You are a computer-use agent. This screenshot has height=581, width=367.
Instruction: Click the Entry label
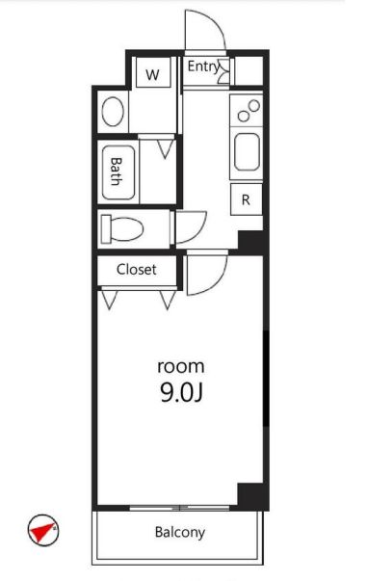pos(203,67)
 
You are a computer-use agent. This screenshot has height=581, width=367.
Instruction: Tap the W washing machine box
pos(153,72)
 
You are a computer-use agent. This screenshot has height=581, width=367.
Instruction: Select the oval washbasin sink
pos(113,112)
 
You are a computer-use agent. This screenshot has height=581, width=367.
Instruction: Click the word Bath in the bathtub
pos(117,172)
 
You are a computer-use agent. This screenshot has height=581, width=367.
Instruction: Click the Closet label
pos(136,270)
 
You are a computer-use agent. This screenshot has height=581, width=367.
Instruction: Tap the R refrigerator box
pos(246,199)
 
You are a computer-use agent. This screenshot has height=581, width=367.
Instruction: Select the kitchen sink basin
pos(247,151)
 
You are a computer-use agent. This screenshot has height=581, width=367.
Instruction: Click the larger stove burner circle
pos(254,106)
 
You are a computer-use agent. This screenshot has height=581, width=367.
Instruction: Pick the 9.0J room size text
pos(181,392)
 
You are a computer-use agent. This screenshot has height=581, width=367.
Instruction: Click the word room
pos(181,367)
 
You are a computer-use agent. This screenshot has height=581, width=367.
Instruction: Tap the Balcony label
pos(180,532)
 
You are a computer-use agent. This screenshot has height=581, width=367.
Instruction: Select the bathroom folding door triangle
pos(166,149)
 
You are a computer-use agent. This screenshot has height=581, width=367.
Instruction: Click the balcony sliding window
pos(179,508)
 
